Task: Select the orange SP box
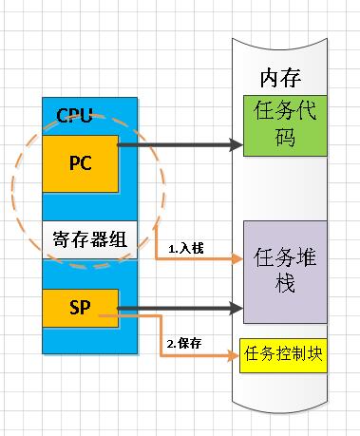80,309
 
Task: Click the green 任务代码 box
282,123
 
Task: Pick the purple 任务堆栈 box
282,271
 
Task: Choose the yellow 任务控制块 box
282,354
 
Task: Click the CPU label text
75,116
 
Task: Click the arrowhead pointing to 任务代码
237,145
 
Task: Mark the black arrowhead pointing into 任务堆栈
237,308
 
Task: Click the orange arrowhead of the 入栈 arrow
237,257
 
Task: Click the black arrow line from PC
176,145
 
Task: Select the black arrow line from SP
176,308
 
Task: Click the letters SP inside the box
80,309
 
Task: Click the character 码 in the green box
282,138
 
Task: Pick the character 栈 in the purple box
282,285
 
